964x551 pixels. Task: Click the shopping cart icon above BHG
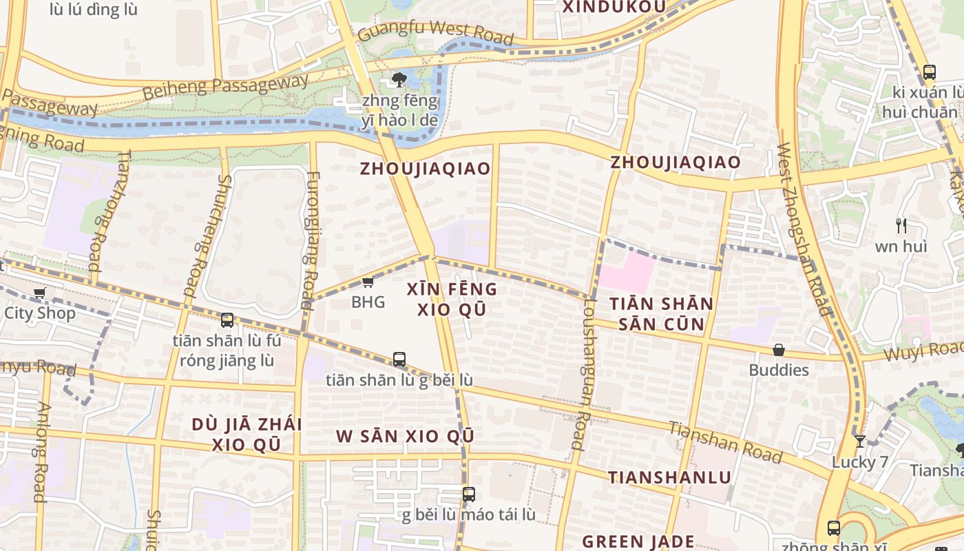(368, 282)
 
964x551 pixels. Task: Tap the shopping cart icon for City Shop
(40, 293)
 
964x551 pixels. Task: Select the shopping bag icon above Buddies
(779, 351)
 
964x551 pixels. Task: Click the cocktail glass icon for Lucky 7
(859, 441)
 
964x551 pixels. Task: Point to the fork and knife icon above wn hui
(901, 225)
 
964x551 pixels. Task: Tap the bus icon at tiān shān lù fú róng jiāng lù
(227, 320)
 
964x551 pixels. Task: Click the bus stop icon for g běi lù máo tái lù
(469, 495)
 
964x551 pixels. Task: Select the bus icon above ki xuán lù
(929, 72)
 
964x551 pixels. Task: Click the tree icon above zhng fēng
(399, 81)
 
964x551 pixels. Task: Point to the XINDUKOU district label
(615, 7)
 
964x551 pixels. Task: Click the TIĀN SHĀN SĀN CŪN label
(662, 314)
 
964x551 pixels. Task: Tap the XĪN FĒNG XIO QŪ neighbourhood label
(452, 299)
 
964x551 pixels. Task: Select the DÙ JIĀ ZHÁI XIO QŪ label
(247, 434)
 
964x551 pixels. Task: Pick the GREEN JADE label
(638, 541)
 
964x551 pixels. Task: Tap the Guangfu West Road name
(436, 32)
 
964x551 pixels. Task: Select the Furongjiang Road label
(308, 240)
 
